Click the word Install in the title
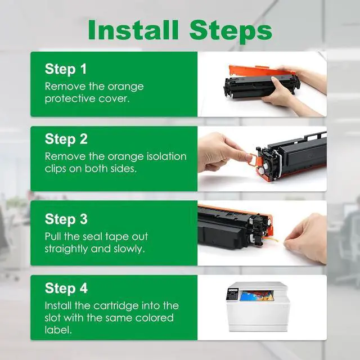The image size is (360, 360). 133,30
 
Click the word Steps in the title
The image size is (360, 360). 231,31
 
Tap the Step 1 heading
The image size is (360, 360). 66,69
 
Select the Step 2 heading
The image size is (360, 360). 66,139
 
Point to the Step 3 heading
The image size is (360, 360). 66,219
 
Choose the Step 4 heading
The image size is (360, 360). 66,288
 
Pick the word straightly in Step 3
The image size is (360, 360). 66,249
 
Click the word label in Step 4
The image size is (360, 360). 58,330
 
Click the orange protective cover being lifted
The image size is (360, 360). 262,71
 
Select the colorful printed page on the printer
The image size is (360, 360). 256,295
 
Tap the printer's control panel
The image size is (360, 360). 233,294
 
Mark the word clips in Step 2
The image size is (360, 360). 55,169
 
